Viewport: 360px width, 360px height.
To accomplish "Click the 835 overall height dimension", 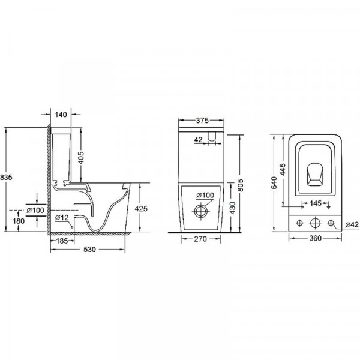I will [x=5, y=178].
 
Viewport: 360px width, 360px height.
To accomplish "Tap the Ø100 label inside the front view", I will [x=205, y=196].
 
